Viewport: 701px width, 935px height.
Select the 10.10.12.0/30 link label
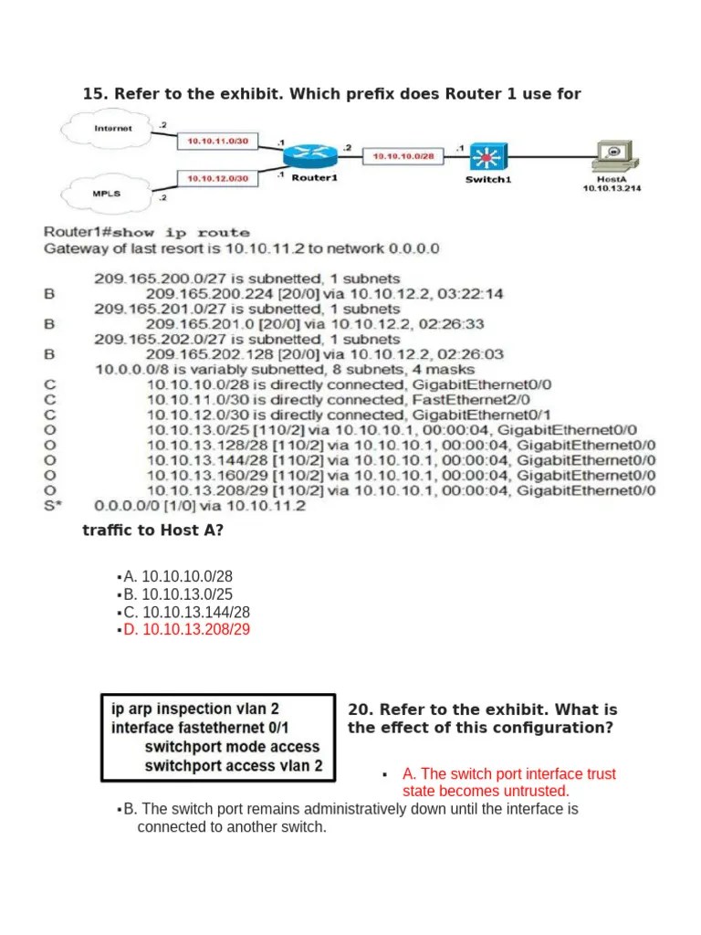click(x=217, y=178)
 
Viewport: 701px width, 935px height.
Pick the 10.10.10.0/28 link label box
click(x=403, y=157)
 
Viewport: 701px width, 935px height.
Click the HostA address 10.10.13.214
click(x=610, y=188)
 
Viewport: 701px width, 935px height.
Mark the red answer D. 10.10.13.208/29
click(x=187, y=630)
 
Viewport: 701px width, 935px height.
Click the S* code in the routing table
click(x=53, y=505)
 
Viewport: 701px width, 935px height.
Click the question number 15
click(x=95, y=93)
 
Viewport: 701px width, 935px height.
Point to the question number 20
click(x=360, y=709)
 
